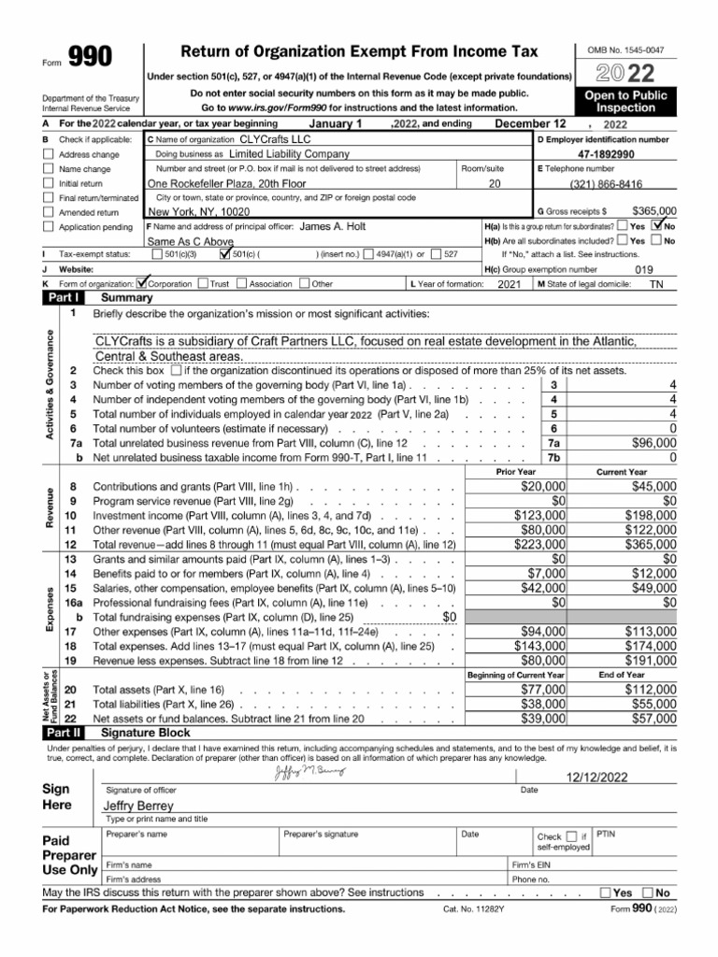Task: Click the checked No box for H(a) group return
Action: [x=661, y=224]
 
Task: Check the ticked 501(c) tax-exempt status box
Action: [x=224, y=253]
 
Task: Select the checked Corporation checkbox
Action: [x=143, y=283]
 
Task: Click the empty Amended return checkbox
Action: [x=49, y=213]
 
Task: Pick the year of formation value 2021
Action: [x=509, y=283]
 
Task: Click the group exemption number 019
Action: [x=645, y=268]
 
